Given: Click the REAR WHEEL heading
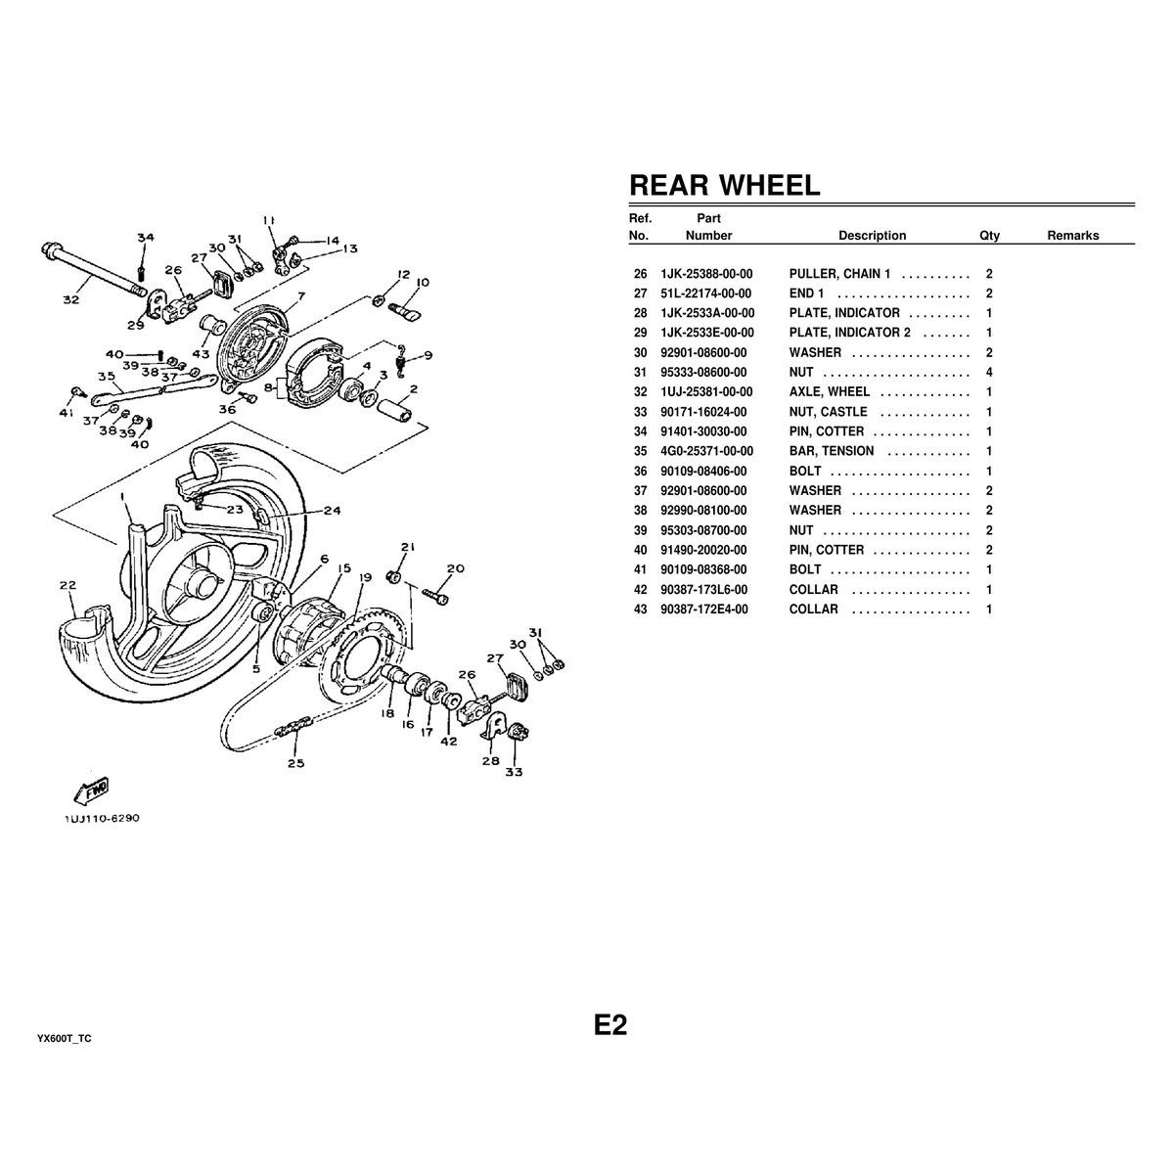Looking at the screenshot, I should [x=724, y=185].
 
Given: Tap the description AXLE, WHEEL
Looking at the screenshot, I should [x=829, y=392].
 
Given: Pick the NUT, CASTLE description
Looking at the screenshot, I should [x=828, y=412].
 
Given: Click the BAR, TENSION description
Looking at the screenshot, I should [x=832, y=451].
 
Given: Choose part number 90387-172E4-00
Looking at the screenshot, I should [x=704, y=609].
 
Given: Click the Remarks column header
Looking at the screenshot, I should [x=1072, y=236].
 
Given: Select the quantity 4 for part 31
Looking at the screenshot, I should [x=989, y=373].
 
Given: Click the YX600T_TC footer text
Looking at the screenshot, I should [x=65, y=1038].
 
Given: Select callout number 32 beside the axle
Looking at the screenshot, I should [x=70, y=299].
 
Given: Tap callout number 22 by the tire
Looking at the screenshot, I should [x=67, y=586].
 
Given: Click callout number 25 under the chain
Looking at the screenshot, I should [x=295, y=763].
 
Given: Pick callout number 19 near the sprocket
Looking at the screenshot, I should [x=363, y=578].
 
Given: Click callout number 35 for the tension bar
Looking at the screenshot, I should [x=107, y=376].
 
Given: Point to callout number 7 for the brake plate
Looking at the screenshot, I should [x=300, y=295].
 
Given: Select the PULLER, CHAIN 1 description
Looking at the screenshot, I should [x=839, y=274].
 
